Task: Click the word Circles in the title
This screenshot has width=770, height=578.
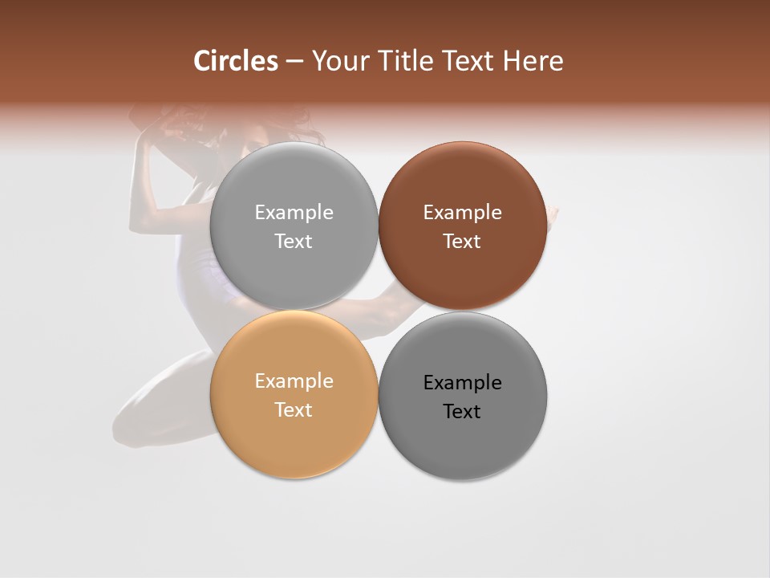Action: click(x=236, y=61)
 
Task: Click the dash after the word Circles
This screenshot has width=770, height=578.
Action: click(x=294, y=62)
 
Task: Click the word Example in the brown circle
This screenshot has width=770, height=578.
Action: click(x=462, y=212)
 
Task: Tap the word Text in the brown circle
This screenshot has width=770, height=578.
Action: click(x=462, y=241)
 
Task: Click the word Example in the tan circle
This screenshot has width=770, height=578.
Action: click(x=294, y=381)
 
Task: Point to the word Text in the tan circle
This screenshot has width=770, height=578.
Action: click(x=294, y=409)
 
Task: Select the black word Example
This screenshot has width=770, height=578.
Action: click(x=462, y=382)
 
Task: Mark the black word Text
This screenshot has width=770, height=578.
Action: click(x=462, y=411)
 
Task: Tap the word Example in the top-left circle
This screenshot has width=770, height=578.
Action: click(x=294, y=212)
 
